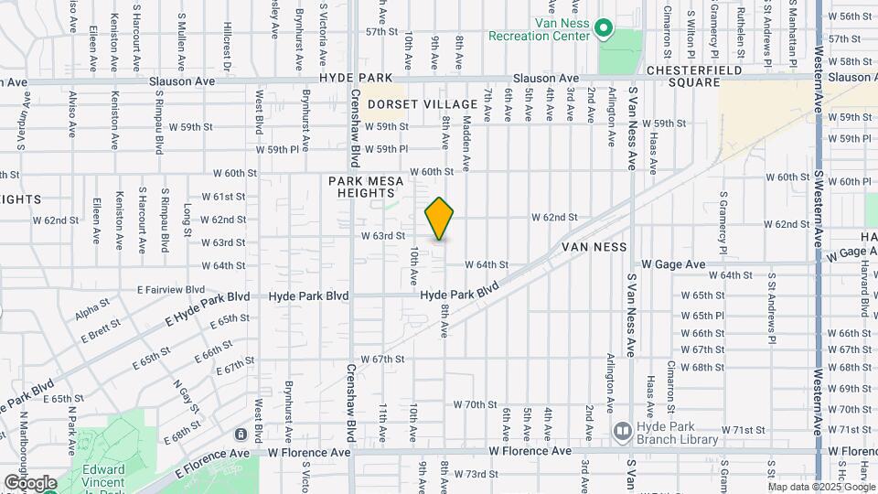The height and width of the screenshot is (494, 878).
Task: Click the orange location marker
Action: (x=440, y=219)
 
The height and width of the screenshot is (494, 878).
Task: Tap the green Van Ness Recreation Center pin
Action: (x=603, y=29)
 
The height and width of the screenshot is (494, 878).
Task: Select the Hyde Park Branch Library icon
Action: (x=622, y=430)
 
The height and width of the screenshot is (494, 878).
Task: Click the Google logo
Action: (x=30, y=482)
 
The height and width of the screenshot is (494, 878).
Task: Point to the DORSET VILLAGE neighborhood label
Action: (x=423, y=105)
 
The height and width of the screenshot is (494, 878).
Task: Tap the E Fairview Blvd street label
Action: (x=170, y=289)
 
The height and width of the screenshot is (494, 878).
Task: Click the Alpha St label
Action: (x=92, y=309)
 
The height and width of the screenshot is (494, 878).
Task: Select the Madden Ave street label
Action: (x=466, y=143)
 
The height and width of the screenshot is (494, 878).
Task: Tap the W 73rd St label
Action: (x=480, y=474)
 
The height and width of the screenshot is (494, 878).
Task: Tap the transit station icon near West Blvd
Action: (x=241, y=434)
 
